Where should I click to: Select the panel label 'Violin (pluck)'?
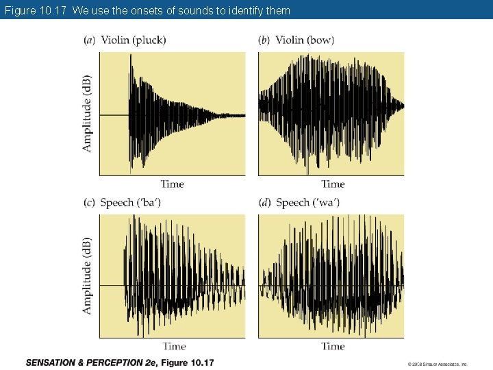click(133, 40)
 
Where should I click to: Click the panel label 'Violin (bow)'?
click(305, 40)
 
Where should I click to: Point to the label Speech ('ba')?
click(130, 202)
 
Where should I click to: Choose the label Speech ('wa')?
click(308, 202)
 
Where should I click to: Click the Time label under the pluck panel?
click(173, 184)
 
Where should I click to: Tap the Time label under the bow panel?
click(333, 184)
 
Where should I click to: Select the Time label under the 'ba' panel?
click(174, 346)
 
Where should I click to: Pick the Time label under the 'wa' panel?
click(333, 346)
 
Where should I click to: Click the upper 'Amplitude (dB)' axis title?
click(87, 113)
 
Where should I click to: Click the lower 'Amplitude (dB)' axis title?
click(87, 276)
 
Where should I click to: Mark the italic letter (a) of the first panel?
click(90, 40)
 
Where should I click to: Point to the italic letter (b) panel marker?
click(264, 40)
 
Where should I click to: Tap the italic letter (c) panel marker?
click(90, 202)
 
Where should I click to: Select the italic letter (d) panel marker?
click(264, 202)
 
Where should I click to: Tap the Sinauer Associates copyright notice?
click(437, 364)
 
